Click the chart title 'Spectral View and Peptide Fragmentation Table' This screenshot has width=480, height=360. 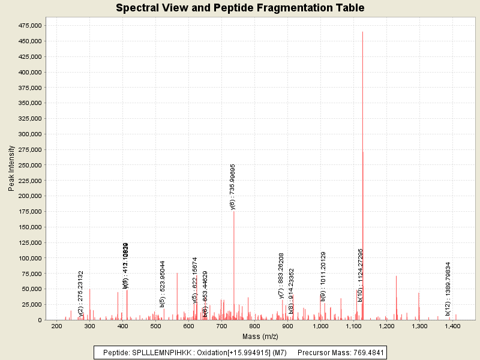(x=240, y=8)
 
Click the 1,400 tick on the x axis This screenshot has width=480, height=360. (x=452, y=326)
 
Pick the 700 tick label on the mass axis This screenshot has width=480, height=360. (x=222, y=326)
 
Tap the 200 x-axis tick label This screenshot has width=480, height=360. (x=57, y=326)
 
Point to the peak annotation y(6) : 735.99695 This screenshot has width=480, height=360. (x=233, y=186)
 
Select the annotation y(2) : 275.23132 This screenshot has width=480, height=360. (x=81, y=293)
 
